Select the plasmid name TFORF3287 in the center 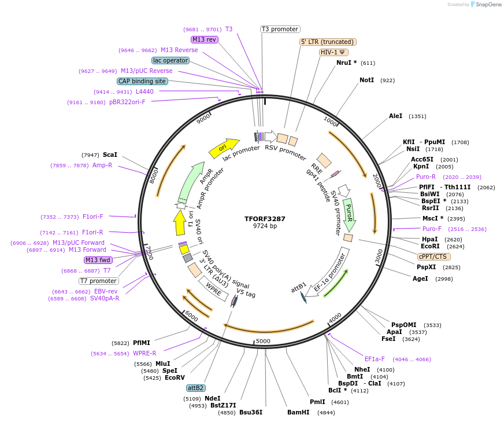tap(265, 219)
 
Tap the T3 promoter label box tap(280, 29)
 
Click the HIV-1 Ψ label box tap(333, 52)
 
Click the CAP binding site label tap(142, 82)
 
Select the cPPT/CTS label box tap(433, 256)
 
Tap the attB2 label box tap(195, 388)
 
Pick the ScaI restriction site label tap(110, 155)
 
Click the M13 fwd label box tap(98, 260)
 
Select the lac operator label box tap(171, 60)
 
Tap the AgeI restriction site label tap(420, 278)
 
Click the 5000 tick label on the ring tap(263, 341)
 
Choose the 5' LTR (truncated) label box tap(328, 42)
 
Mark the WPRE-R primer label tap(144, 353)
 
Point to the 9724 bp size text tap(265, 226)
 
